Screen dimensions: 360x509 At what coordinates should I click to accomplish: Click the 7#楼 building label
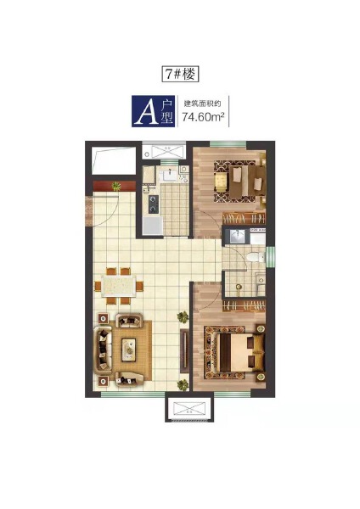180,75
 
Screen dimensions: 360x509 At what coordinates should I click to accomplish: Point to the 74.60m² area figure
204,116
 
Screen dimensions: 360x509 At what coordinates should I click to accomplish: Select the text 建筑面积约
202,103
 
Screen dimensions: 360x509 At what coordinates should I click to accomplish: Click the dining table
118,286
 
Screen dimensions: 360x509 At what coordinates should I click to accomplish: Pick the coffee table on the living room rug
129,350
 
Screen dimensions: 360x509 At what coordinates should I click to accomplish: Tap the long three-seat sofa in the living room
103,350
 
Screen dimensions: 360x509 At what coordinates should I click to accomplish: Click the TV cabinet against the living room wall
184,351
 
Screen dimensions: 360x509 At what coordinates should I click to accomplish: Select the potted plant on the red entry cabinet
116,186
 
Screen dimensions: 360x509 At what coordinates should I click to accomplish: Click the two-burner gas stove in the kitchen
154,204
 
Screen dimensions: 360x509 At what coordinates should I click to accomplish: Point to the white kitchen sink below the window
169,175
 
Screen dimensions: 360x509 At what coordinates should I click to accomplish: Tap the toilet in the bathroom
256,258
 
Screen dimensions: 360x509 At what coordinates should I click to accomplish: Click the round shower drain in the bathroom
239,287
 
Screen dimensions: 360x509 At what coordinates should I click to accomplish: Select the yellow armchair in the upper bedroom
220,182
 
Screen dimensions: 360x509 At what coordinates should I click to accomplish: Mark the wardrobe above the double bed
244,305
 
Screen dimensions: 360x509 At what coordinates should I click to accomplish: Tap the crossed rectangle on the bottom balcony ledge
189,407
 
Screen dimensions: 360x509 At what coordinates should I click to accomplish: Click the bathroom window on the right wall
270,257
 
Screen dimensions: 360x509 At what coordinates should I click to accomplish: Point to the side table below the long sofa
104,381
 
